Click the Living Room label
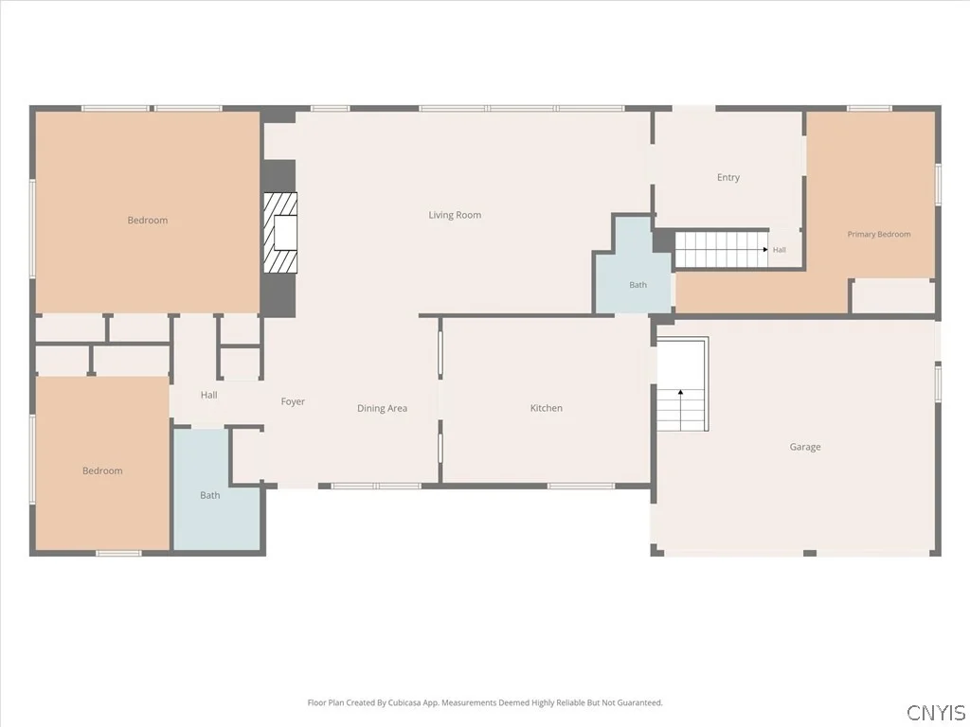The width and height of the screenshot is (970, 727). (455, 215)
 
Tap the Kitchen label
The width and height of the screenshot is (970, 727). (547, 408)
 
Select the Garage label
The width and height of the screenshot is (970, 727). (805, 447)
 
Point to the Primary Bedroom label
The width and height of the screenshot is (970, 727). (878, 235)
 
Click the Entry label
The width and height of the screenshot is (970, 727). (728, 177)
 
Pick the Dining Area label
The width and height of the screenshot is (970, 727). (382, 408)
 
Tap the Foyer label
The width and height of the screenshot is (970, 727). (293, 401)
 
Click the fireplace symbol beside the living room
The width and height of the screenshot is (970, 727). (280, 233)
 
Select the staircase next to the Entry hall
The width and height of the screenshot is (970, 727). (721, 249)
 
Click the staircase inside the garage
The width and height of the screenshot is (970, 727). (682, 384)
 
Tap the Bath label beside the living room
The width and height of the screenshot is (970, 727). (638, 285)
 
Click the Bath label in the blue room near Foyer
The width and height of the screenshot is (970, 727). (209, 495)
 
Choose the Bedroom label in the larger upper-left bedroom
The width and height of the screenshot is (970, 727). (147, 220)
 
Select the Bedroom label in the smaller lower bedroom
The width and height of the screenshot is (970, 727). (102, 471)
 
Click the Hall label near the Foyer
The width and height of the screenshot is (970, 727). (208, 395)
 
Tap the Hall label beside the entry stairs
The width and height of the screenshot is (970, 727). (779, 250)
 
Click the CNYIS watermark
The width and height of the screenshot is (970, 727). (936, 712)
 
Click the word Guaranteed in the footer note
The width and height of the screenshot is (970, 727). (639, 703)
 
